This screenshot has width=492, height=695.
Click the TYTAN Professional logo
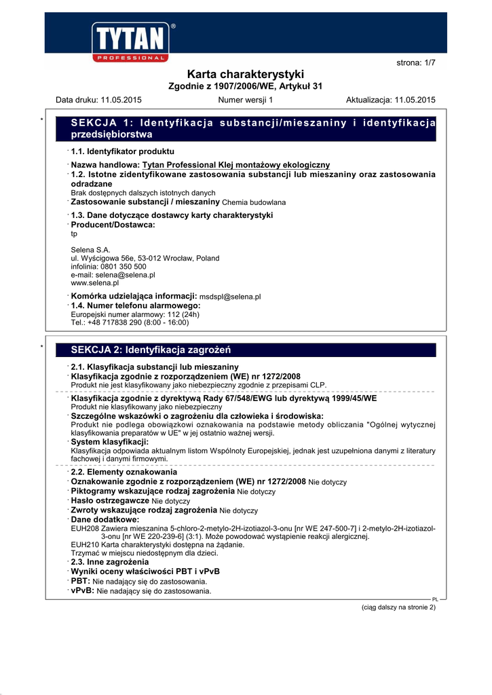(133, 43)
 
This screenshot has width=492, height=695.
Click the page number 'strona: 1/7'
(415, 62)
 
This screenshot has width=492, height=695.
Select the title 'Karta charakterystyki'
(245, 74)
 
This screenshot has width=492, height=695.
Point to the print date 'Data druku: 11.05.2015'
(98, 100)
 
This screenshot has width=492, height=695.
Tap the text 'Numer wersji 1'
(245, 100)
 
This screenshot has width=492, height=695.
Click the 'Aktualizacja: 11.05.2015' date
(390, 100)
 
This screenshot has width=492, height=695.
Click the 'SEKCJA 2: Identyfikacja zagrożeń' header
(151, 350)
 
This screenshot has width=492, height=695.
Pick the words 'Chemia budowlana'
(254, 202)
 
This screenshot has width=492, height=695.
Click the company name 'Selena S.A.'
(90, 250)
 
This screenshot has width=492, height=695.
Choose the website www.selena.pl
(94, 283)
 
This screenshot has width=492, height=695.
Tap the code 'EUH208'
(83, 528)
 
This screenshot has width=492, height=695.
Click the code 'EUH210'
(83, 545)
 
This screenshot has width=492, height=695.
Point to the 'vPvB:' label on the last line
(82, 591)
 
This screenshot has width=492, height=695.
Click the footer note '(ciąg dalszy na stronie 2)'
(398, 607)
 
